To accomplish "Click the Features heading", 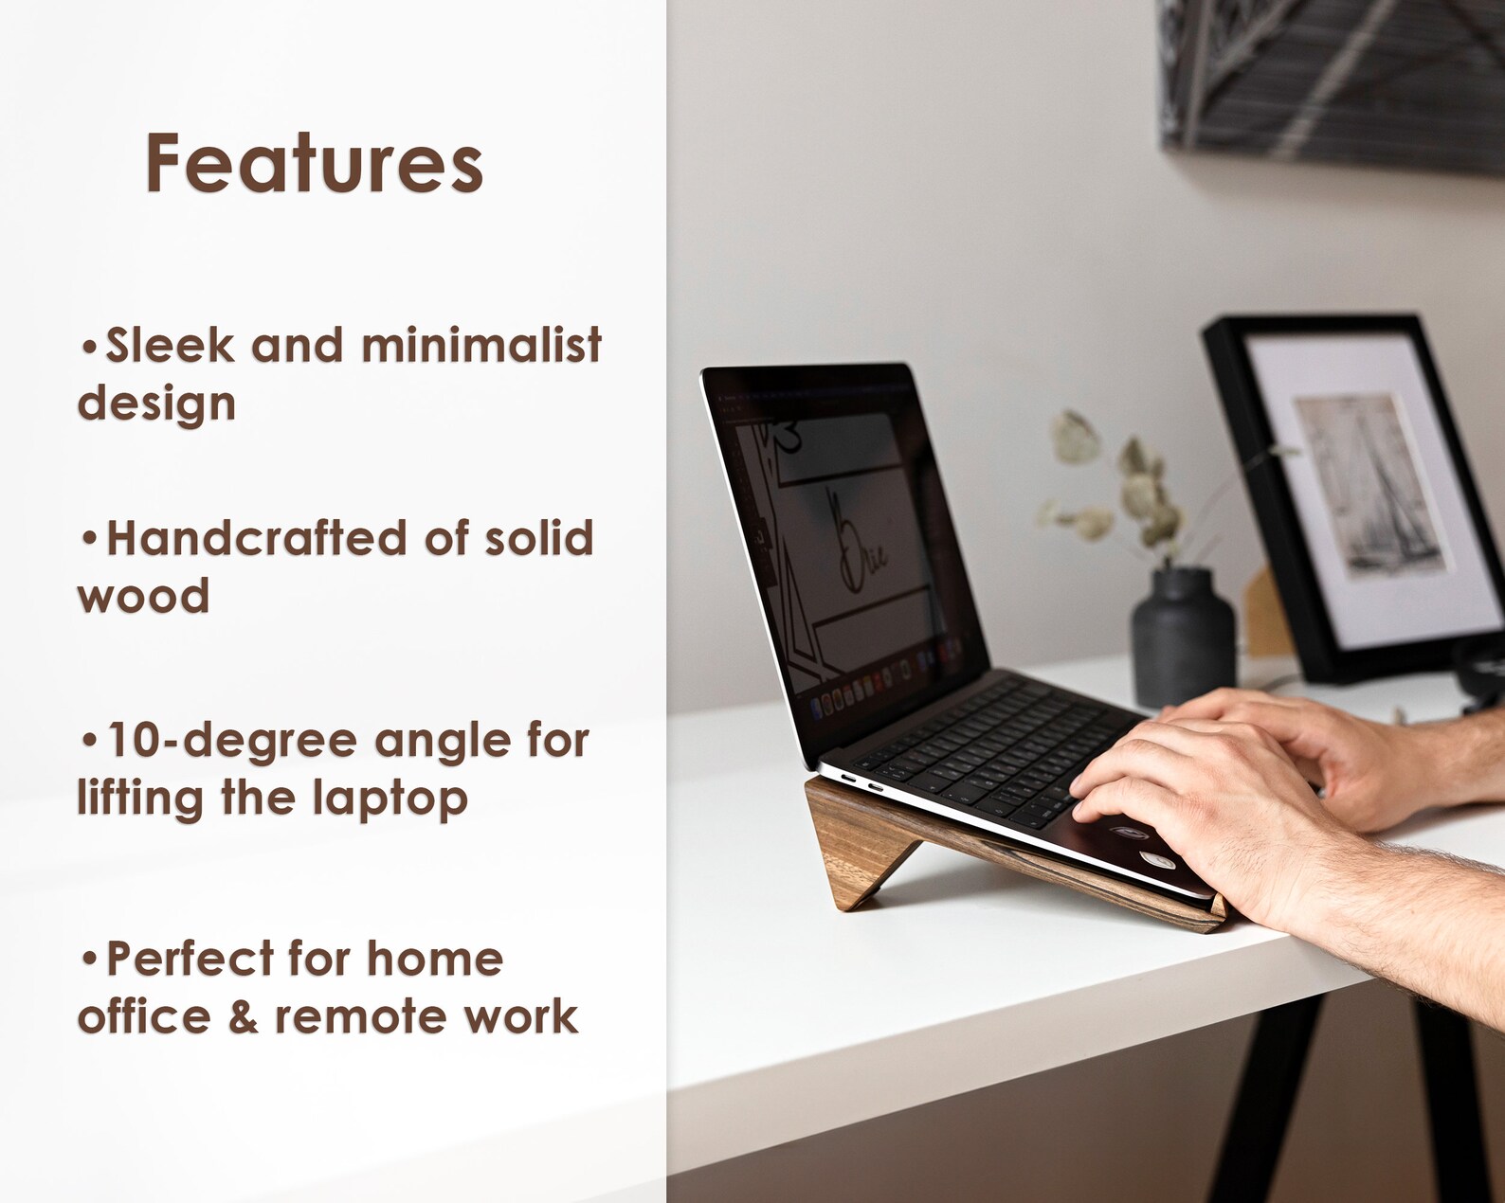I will click(x=314, y=164).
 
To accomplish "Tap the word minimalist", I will click(x=481, y=345).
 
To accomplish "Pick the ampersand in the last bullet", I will click(x=243, y=1016).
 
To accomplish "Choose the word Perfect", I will click(x=189, y=959).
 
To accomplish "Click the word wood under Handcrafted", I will click(x=143, y=597).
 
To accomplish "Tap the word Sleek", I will click(x=170, y=345).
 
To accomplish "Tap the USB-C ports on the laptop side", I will click(x=860, y=783).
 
